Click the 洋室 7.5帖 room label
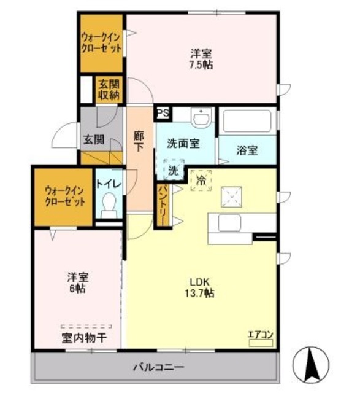click(x=201, y=58)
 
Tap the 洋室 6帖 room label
click(x=77, y=282)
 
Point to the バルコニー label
click(x=158, y=368)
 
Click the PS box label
click(x=163, y=113)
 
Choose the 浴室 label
click(x=247, y=150)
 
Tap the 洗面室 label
click(x=183, y=144)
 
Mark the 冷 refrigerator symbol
click(x=201, y=181)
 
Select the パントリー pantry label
click(x=163, y=205)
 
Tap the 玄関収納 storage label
click(x=109, y=90)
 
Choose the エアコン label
click(x=260, y=335)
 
